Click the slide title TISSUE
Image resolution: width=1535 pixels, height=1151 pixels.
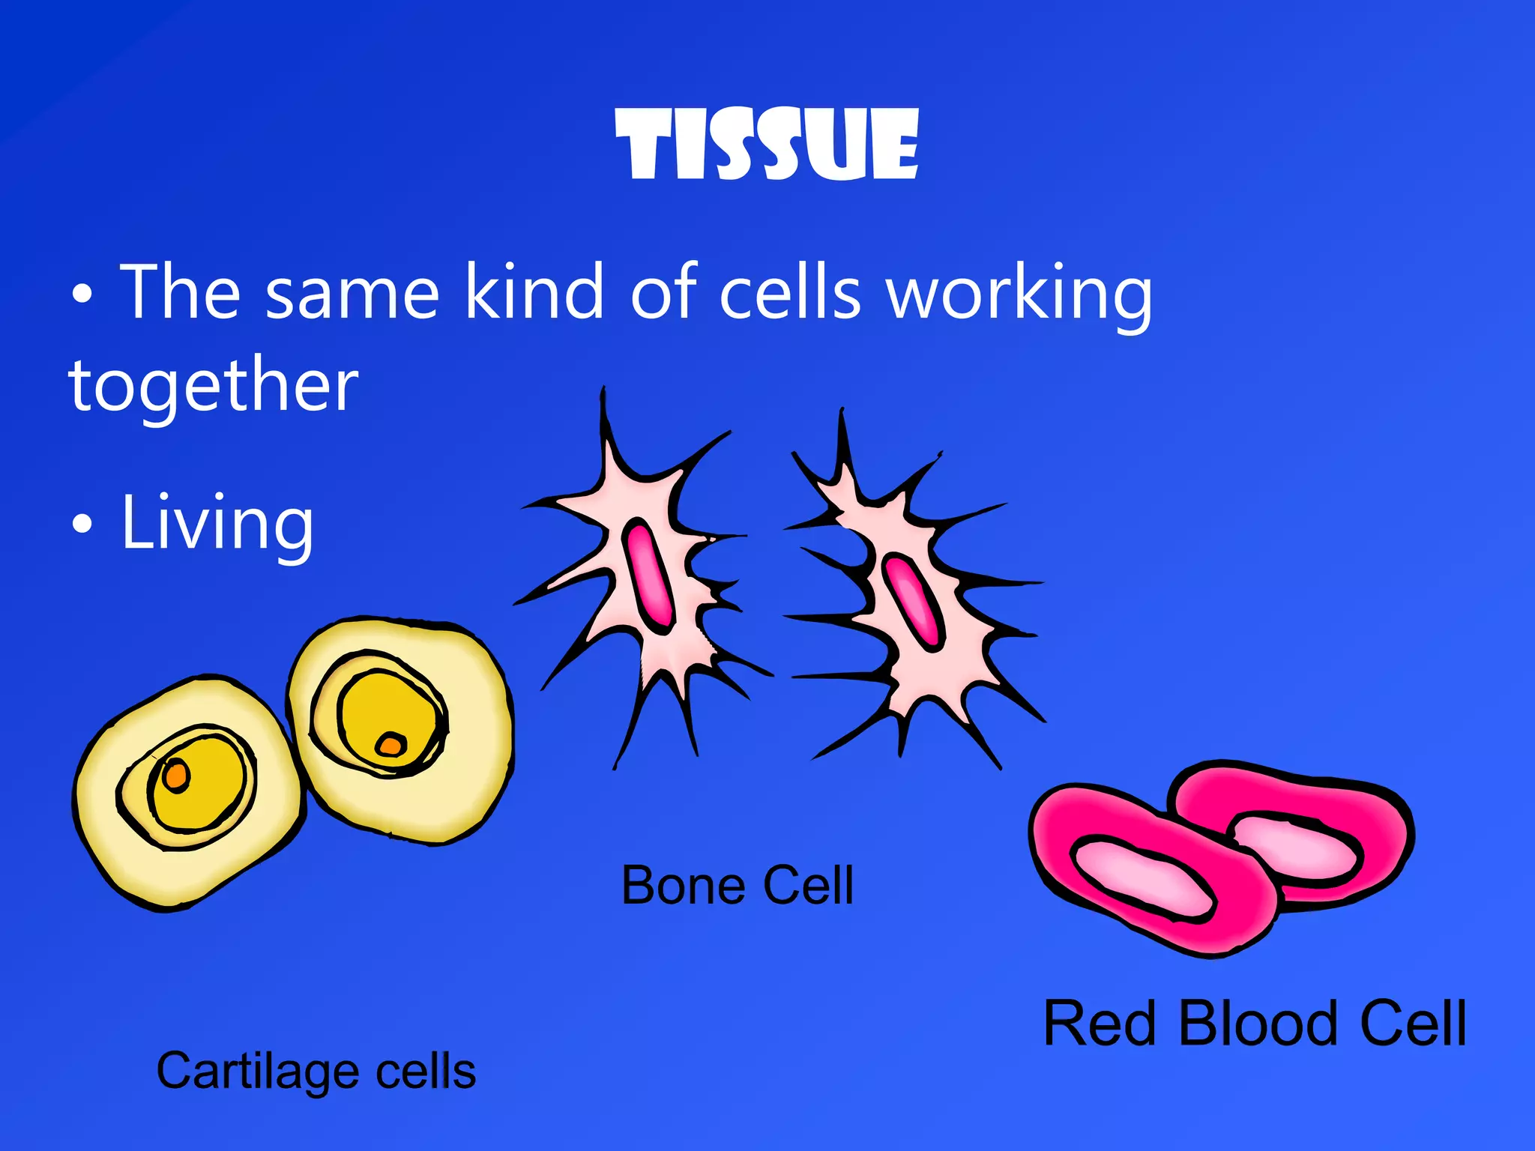pos(767,144)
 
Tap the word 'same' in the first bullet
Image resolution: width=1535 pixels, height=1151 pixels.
pos(352,293)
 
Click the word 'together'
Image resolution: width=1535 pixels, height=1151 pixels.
pos(214,385)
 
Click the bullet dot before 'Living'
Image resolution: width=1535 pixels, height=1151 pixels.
pos(82,525)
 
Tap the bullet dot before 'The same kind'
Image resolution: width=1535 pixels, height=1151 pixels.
pos(82,294)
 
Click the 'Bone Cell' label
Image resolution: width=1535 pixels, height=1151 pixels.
pos(738,886)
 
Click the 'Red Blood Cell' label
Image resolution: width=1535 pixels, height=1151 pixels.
pos(1255,1024)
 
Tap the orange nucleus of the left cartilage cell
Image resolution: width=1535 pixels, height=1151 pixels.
pos(177,774)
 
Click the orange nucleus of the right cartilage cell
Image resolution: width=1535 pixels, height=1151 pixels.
pos(390,745)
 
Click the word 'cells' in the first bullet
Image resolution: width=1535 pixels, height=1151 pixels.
pos(790,293)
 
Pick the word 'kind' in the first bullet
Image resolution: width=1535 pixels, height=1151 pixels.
pos(534,293)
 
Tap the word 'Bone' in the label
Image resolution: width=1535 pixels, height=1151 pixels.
pos(684,886)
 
